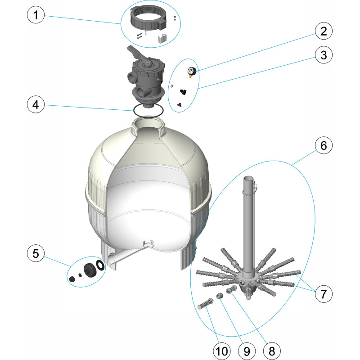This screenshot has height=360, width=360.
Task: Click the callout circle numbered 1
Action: point(36,15)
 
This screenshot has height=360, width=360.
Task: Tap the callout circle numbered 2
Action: point(324,31)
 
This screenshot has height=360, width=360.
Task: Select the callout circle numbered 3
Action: point(324,55)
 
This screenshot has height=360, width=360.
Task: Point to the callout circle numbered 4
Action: point(36,105)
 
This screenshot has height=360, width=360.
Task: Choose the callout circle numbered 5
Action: point(36,253)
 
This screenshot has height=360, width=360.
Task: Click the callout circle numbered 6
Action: point(324,145)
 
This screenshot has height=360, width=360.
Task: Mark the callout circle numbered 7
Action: point(324,294)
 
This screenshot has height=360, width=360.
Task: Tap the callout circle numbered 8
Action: point(272,351)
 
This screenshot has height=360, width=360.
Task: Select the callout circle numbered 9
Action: point(247,351)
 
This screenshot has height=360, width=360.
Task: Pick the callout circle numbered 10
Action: point(222,351)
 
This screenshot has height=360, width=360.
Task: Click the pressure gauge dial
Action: point(191,72)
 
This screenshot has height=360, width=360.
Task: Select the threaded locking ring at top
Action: point(148,19)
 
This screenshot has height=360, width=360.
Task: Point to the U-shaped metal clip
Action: point(162,38)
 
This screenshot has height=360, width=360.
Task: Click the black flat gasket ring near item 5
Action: point(100,265)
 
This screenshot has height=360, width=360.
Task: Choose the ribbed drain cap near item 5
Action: point(89,270)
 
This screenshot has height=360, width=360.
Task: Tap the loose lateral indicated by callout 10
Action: point(205,303)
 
